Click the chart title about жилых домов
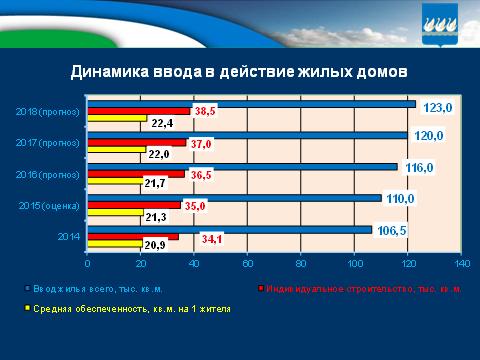(240, 72)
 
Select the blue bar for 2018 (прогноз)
(251, 103)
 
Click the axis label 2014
(70, 238)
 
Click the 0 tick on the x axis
(88, 264)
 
